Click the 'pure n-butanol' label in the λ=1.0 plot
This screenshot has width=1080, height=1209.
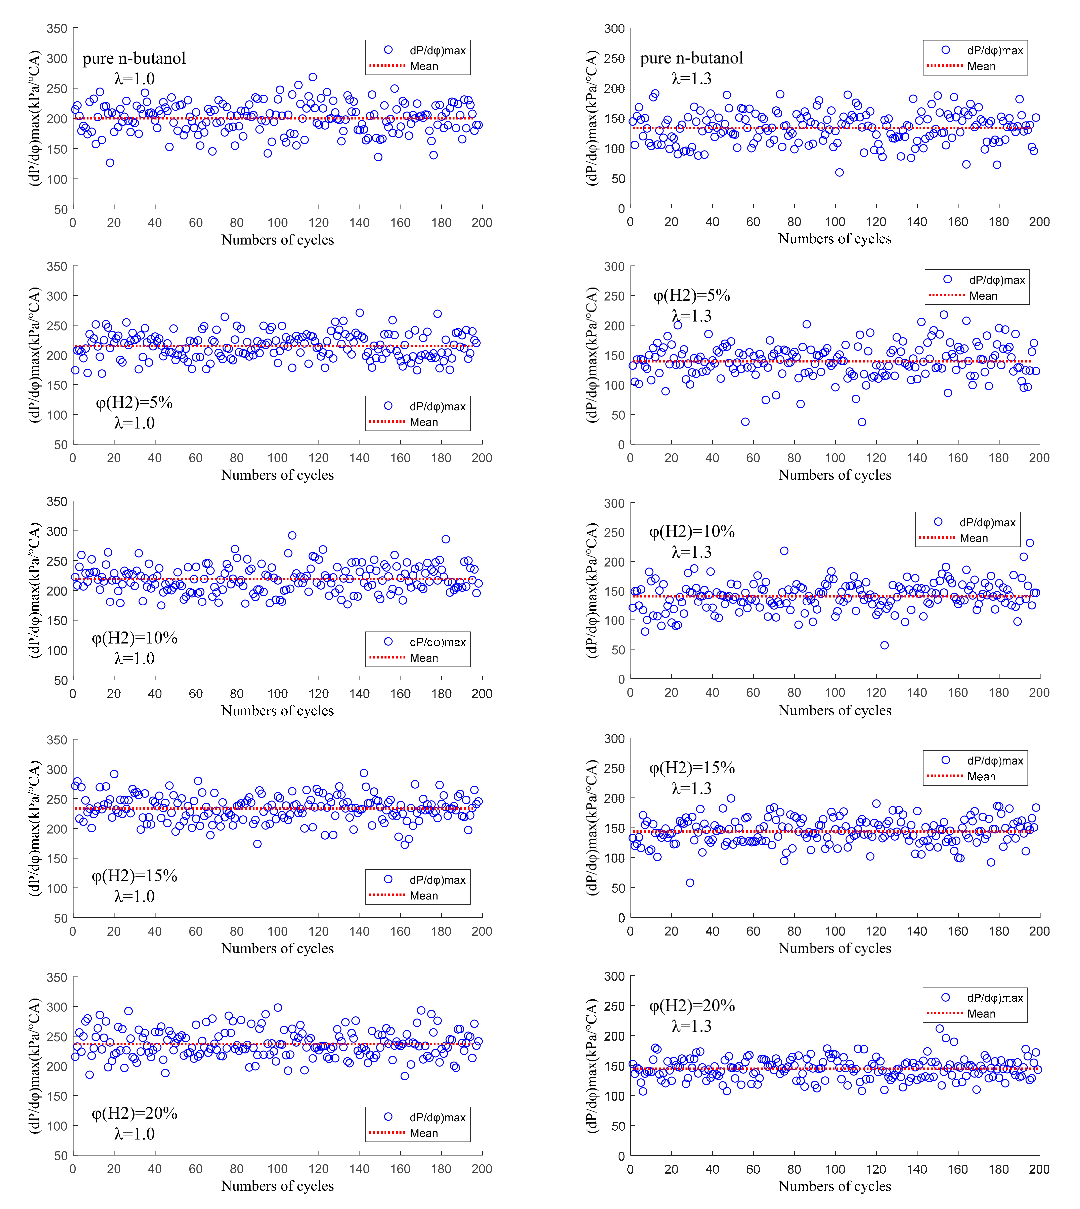click(x=134, y=58)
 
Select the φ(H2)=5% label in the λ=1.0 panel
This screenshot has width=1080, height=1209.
click(x=134, y=403)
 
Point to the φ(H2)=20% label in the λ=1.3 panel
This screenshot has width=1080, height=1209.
click(x=692, y=1005)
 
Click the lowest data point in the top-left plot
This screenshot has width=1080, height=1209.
click(x=110, y=163)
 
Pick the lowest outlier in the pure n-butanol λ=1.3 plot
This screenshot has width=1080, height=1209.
click(x=839, y=173)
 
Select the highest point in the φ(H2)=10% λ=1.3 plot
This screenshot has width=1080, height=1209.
click(x=1030, y=543)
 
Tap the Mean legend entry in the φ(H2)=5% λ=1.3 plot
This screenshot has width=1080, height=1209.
click(x=983, y=296)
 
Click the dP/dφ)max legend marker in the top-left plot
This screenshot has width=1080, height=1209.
click(x=388, y=50)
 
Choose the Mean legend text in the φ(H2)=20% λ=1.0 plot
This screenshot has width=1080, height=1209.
click(x=424, y=1133)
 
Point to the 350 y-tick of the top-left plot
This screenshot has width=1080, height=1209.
click(x=57, y=28)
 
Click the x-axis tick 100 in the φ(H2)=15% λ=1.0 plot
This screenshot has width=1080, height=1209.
click(x=277, y=931)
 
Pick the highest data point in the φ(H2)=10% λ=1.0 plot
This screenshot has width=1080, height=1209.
click(x=292, y=535)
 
